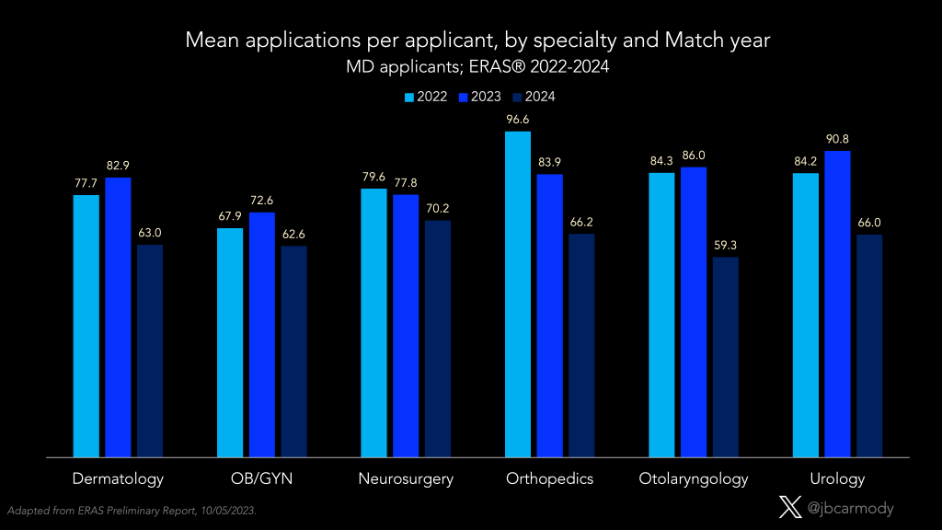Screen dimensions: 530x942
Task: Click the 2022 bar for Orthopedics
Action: [x=518, y=294]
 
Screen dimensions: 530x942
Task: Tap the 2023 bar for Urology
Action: [x=837, y=304]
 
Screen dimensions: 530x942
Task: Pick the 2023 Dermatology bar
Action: [x=118, y=317]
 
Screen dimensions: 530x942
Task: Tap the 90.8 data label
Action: [x=837, y=139]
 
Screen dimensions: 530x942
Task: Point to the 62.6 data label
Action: [x=293, y=234]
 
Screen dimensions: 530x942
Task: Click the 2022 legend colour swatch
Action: [x=409, y=97]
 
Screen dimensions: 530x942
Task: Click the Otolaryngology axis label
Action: [x=694, y=478]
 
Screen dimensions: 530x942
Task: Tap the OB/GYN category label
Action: [x=262, y=478]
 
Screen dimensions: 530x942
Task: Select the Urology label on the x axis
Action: [x=837, y=478]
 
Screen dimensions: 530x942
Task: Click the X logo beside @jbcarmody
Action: [x=790, y=507]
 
